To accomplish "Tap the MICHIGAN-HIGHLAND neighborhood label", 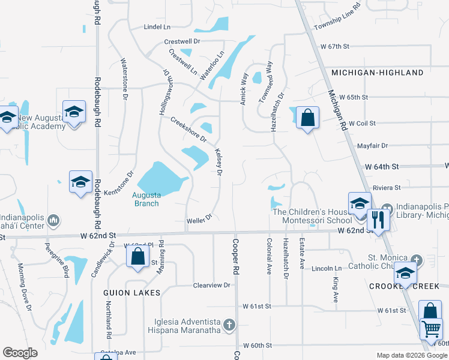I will (x=378, y=73).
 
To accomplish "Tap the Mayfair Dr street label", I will (x=373, y=145).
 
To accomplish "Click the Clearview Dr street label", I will (x=212, y=286).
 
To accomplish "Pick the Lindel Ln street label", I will (x=157, y=27).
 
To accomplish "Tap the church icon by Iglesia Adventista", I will (x=228, y=325).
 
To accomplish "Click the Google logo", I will (x=20, y=353).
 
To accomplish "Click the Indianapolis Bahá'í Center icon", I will (x=53, y=221).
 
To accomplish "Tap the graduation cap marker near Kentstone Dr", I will (x=80, y=182).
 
